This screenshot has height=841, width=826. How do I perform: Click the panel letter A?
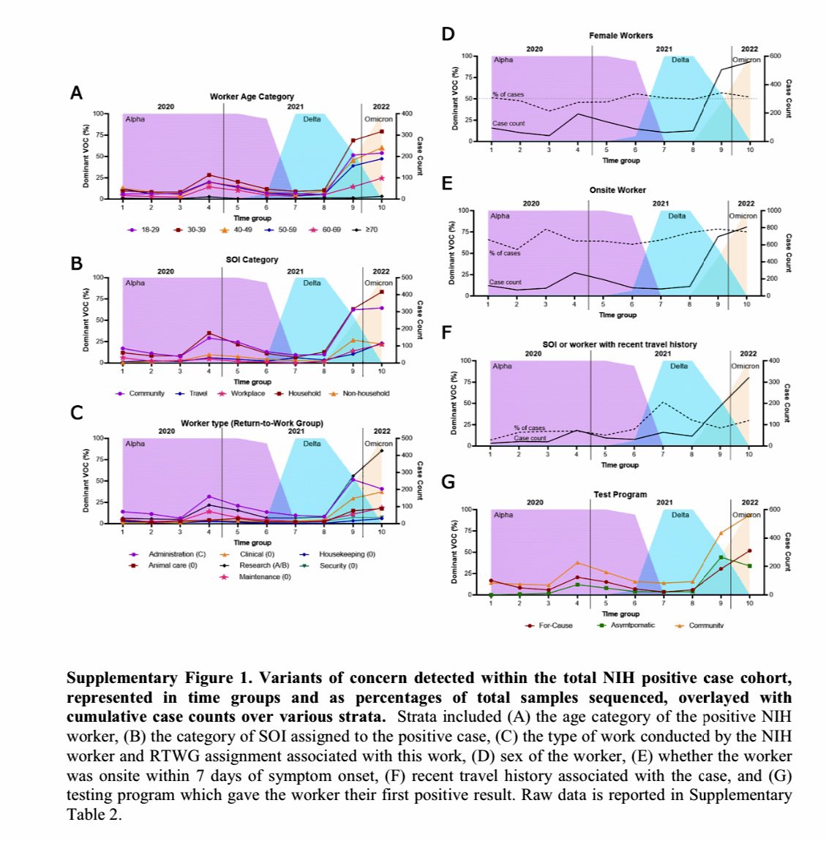(x=76, y=93)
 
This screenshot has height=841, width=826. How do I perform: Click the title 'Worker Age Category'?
(x=252, y=97)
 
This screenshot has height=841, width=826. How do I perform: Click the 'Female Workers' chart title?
(x=620, y=35)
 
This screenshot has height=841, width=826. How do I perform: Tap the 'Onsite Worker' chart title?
(x=617, y=190)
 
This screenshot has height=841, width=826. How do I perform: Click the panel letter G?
(x=448, y=482)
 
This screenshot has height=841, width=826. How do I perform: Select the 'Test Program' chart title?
(x=620, y=494)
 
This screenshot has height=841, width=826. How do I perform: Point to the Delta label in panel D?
(x=680, y=60)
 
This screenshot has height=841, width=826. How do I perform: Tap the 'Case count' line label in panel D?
(x=508, y=124)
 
